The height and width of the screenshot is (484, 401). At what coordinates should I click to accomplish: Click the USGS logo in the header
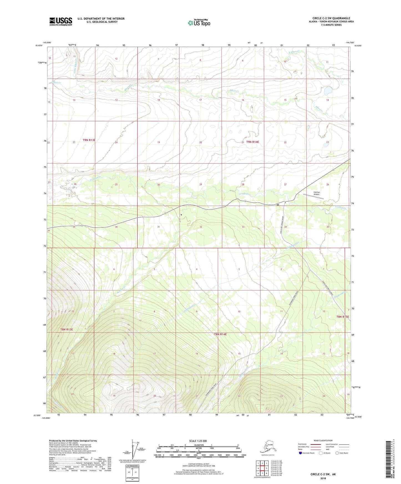[61, 21]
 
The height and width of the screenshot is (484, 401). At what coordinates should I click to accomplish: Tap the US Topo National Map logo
[199, 23]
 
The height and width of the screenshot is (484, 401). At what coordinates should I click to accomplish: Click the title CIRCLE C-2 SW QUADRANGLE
[331, 18]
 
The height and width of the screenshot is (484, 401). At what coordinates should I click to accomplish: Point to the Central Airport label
[317, 193]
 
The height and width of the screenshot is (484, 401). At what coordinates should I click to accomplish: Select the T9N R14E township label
[253, 142]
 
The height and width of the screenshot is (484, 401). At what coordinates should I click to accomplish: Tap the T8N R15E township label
[343, 317]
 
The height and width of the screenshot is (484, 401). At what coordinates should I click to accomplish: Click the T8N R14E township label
[220, 334]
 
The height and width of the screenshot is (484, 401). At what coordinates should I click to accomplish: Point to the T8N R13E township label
[67, 329]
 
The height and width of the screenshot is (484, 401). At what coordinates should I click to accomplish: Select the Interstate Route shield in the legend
[300, 453]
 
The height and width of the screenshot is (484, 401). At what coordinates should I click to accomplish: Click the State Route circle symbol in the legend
[337, 453]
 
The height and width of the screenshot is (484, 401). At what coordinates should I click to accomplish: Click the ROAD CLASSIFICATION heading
[323, 440]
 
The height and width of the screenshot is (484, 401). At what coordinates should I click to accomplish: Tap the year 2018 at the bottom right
[323, 478]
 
